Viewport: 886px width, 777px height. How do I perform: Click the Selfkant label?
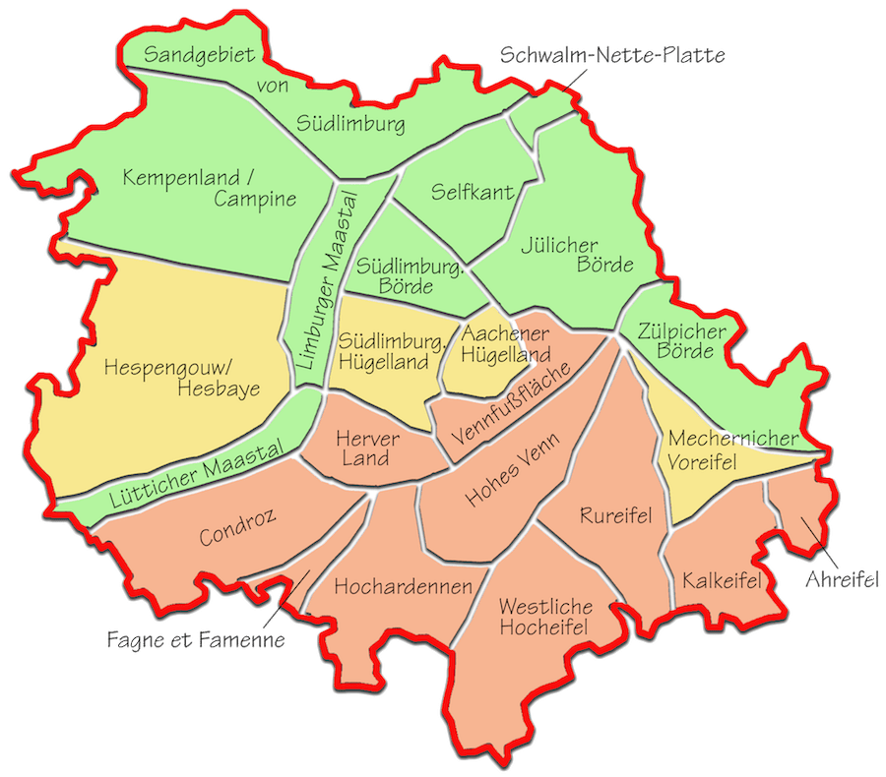coord(473,192)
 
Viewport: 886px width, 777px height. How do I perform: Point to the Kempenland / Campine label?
coord(210,188)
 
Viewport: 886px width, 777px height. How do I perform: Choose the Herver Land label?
coord(367,448)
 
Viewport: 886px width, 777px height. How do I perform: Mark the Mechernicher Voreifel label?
coord(716,449)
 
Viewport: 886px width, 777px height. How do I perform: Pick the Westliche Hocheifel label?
coord(543,617)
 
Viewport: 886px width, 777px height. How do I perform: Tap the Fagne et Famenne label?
coord(196,640)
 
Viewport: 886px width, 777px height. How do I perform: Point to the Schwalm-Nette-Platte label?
coord(612,55)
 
